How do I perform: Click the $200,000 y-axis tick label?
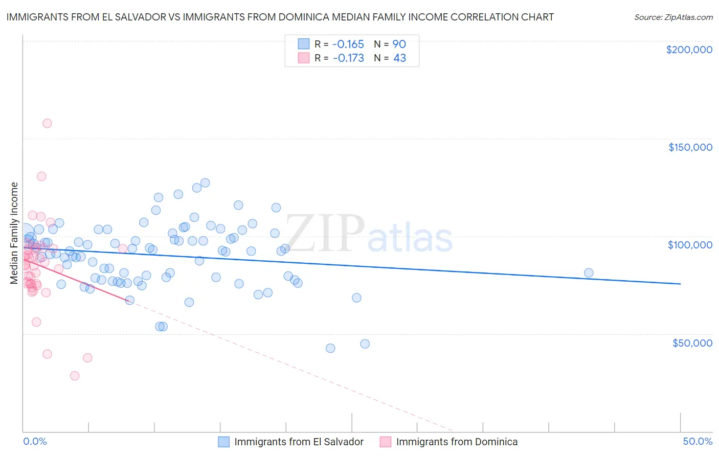(x=689, y=50)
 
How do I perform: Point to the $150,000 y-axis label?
(x=690, y=147)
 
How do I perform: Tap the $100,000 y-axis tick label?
(x=690, y=245)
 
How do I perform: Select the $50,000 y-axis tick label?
(x=692, y=343)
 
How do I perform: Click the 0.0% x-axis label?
(x=35, y=442)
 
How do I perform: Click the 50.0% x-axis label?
(x=698, y=442)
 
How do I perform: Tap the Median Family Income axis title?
(x=14, y=233)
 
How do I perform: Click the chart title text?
(x=280, y=17)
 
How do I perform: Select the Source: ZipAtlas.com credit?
(x=673, y=17)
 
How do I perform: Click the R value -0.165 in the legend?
(x=348, y=44)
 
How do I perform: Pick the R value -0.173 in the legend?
(x=348, y=58)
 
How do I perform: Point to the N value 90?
(x=399, y=44)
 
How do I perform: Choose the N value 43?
(x=399, y=58)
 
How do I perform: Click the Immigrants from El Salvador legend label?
(x=299, y=442)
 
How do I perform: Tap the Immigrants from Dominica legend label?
(x=457, y=442)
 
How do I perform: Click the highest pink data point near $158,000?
(x=47, y=123)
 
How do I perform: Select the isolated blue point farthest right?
(x=589, y=273)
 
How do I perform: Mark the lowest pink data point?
(x=75, y=376)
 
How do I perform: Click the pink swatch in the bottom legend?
(x=385, y=442)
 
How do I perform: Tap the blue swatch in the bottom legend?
(x=223, y=442)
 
